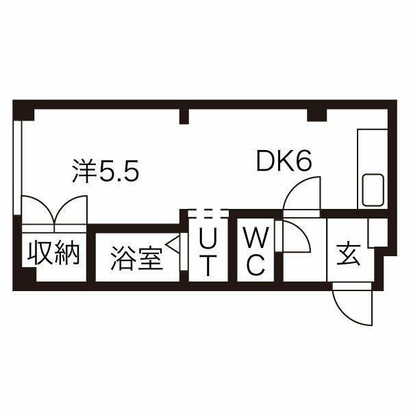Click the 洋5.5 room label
point(106,172)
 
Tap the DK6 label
point(284,162)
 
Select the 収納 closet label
point(54,254)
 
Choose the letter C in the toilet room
point(255,265)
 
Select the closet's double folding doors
point(54,209)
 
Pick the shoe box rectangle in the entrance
point(377,233)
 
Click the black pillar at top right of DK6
point(316,114)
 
